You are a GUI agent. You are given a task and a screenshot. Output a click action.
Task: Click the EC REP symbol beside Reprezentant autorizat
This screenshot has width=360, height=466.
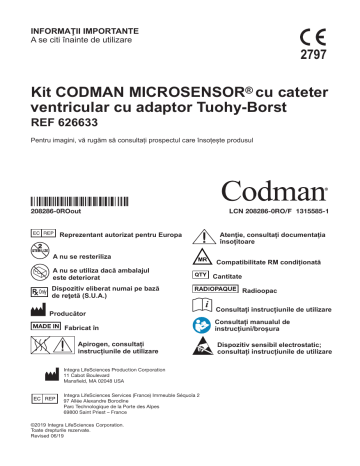pyautogui.click(x=44, y=232)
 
